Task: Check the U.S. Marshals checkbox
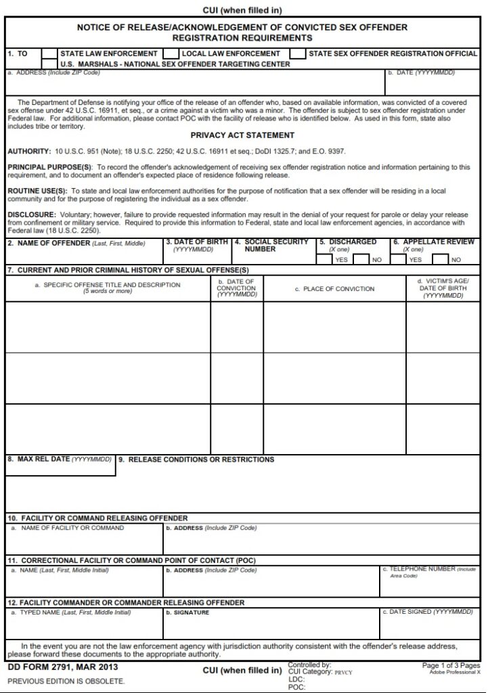(49, 64)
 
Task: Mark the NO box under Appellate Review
(441, 259)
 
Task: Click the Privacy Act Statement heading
(242, 135)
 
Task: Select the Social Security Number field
(273, 258)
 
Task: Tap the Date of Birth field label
(197, 242)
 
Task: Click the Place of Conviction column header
(334, 289)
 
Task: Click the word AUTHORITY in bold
(28, 152)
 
